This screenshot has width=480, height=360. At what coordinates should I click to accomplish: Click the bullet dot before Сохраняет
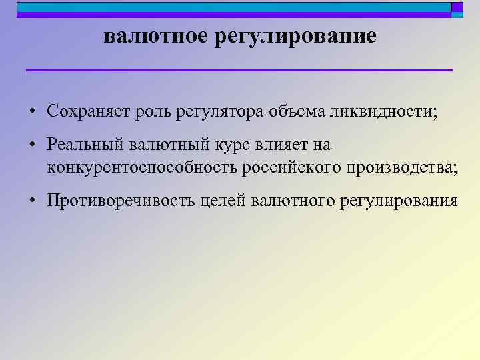tap(32, 111)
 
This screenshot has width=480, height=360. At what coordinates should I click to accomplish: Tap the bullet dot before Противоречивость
tap(32, 202)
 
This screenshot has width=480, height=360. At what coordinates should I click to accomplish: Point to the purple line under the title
tap(239, 70)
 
